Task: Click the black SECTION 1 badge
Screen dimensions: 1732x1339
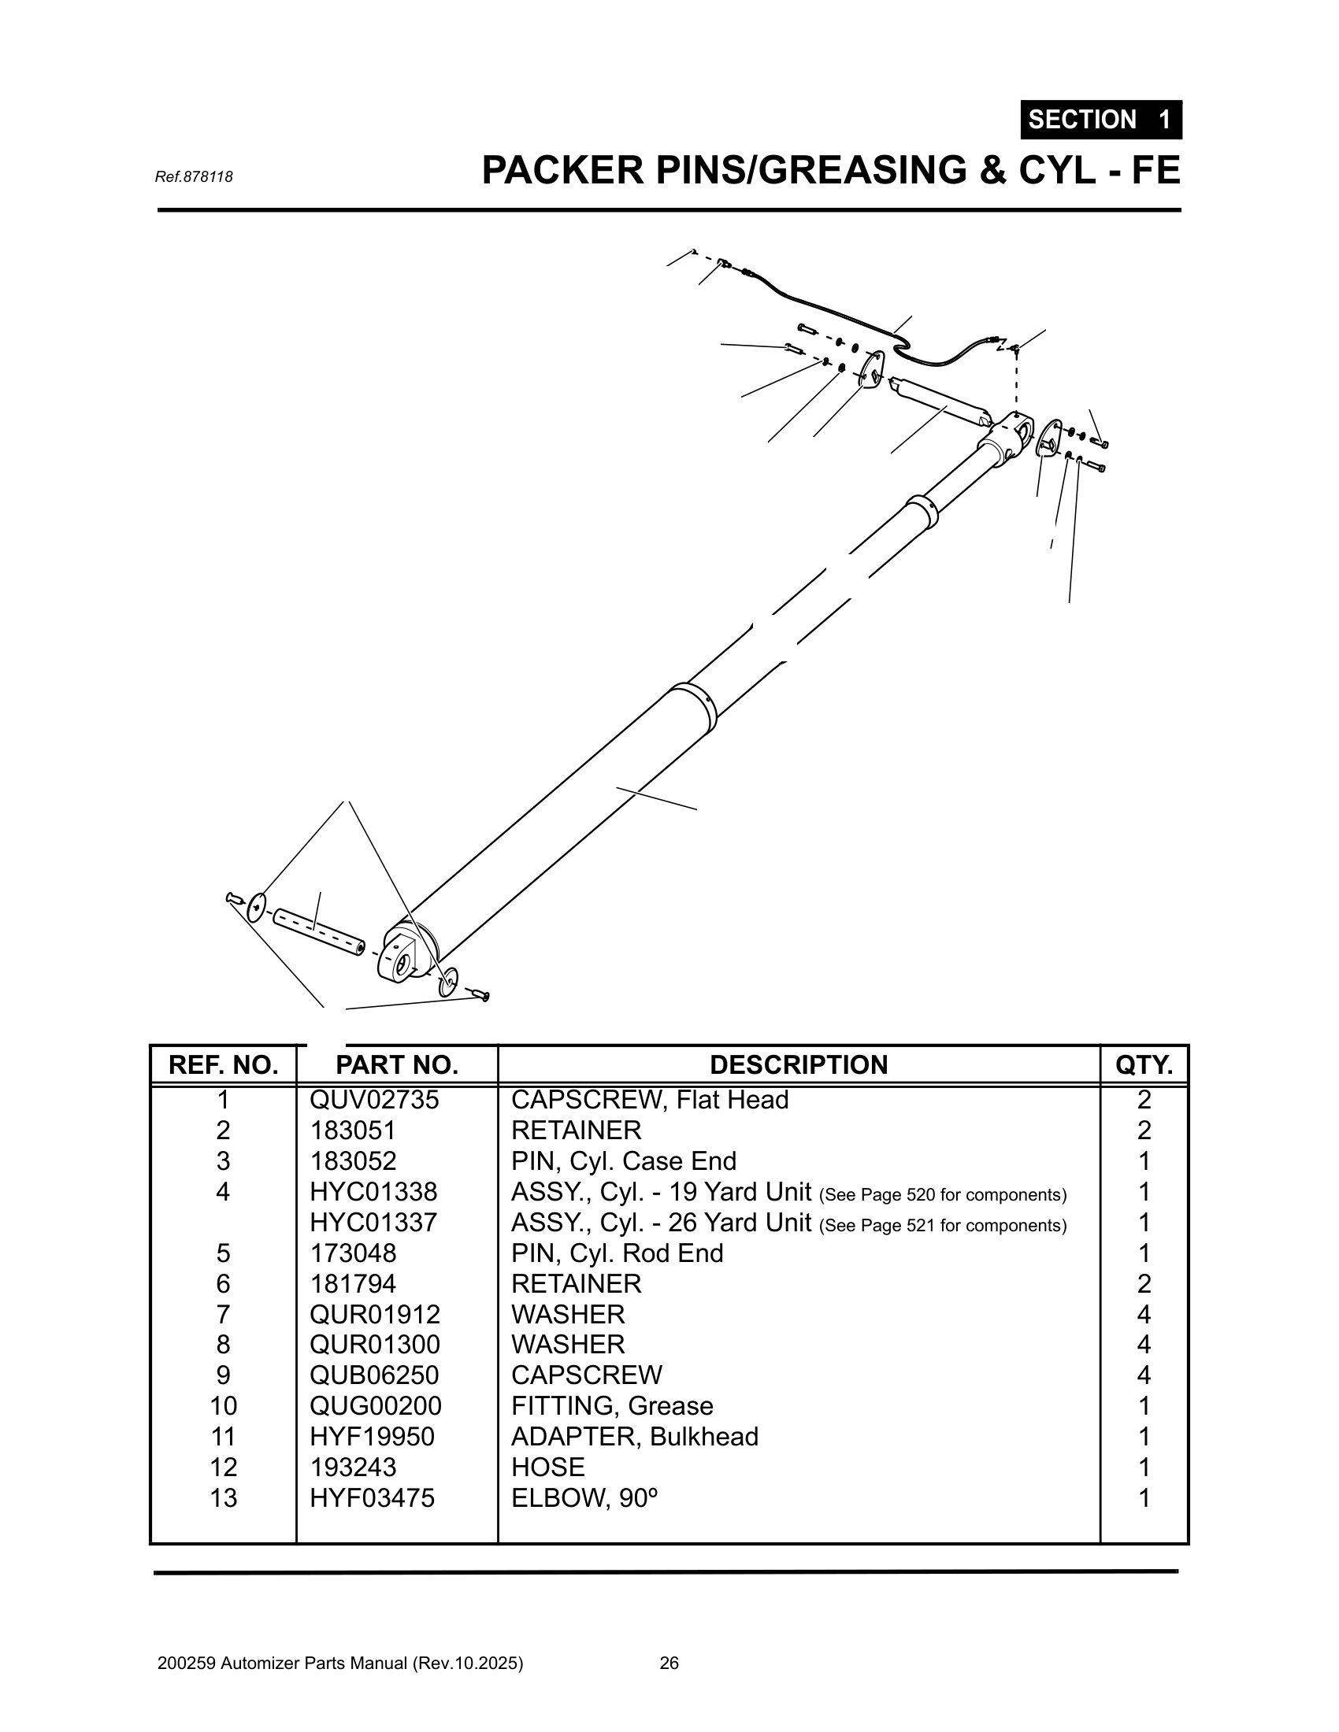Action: [1100, 120]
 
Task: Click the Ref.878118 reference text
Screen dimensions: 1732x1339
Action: [194, 177]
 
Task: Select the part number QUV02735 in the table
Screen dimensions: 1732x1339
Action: [373, 1100]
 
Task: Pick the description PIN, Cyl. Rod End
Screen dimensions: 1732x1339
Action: [617, 1253]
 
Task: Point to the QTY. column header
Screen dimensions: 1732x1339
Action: [1143, 1065]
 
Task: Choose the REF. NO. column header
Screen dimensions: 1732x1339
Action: [223, 1065]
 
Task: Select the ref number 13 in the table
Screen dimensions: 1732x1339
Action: [223, 1498]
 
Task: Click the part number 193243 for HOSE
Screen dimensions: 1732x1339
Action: [352, 1467]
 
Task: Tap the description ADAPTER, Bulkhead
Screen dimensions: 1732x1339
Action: [634, 1436]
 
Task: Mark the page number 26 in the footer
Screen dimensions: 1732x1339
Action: [669, 1663]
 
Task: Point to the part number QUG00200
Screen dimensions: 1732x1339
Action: [374, 1406]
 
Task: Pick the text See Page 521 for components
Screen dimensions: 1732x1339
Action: [942, 1226]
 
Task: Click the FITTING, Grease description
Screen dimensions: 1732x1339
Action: [611, 1406]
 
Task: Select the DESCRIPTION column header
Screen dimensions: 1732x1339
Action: [798, 1065]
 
